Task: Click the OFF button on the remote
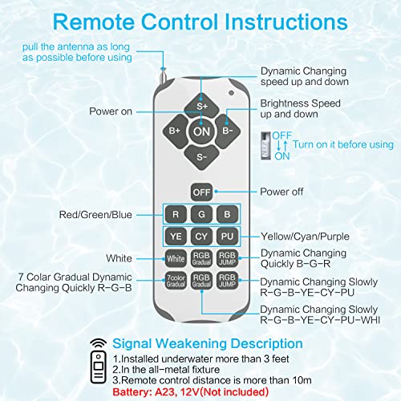pos(200,192)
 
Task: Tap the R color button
pos(175,214)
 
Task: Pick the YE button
pos(175,237)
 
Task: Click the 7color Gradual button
pos(175,282)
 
